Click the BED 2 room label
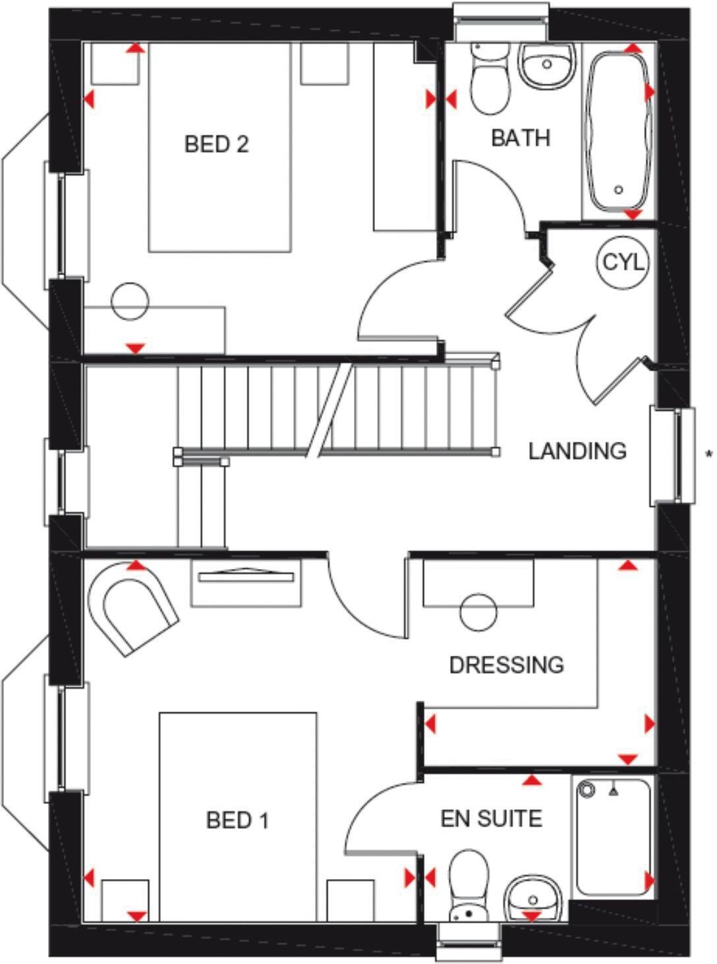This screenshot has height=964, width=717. [216, 144]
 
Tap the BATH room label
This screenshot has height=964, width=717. [521, 138]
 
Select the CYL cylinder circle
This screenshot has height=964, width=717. [623, 262]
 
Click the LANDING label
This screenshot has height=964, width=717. [577, 451]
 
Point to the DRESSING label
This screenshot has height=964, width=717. [506, 664]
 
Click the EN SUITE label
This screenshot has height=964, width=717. [492, 818]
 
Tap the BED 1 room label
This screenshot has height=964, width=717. [237, 820]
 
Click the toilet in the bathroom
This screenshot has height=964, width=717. [490, 79]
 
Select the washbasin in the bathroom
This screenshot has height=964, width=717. [546, 65]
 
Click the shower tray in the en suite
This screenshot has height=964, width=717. [613, 836]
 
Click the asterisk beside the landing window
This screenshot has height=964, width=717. [709, 453]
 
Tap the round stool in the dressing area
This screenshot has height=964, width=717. [478, 613]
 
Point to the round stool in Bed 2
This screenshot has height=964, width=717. [130, 302]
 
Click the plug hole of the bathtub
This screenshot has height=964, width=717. [618, 190]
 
